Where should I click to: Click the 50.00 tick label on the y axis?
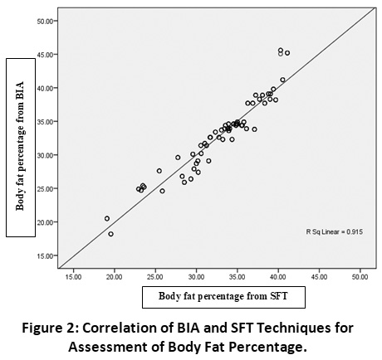pos(46,21)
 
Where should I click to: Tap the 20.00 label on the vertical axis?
pos(46,222)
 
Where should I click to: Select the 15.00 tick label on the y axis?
pos(46,255)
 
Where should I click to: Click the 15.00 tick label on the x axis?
pos(74,277)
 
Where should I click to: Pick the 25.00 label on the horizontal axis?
pos(155,277)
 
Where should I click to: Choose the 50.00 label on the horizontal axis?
pos(360,277)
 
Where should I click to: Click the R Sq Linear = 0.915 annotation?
pos(334,231)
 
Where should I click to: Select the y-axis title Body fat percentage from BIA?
pos(20,146)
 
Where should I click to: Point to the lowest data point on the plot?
pos(110,234)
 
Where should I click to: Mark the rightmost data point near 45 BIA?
pos(287,53)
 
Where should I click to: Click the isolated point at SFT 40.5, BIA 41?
pos(282,80)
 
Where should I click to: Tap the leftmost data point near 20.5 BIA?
pos(107,218)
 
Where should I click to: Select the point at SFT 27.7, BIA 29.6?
pos(178,158)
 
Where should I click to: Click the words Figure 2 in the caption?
pos(51,328)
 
